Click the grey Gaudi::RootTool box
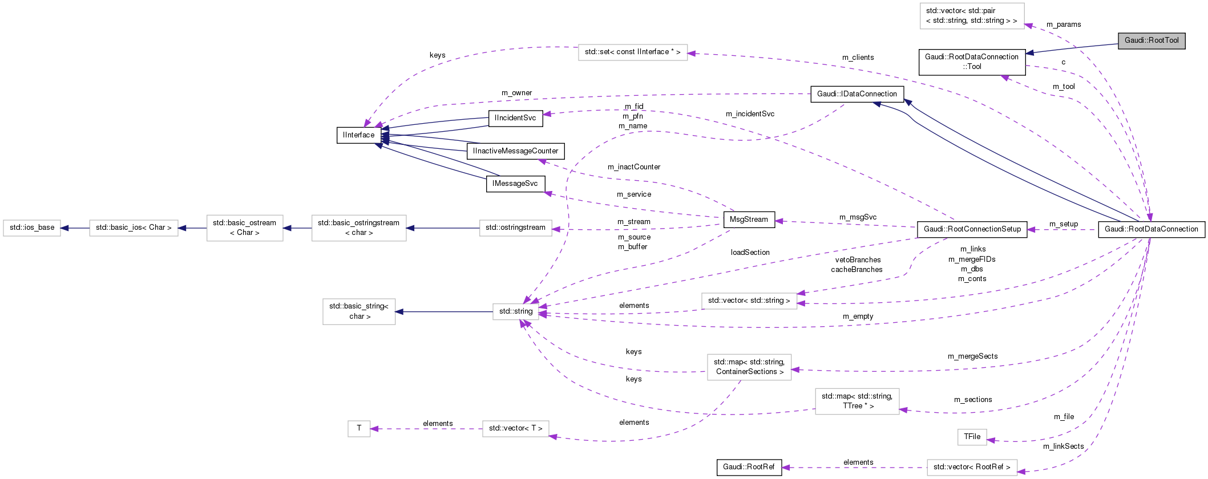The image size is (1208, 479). point(1152,40)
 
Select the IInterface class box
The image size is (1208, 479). point(359,135)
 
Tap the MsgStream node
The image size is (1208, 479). point(749,220)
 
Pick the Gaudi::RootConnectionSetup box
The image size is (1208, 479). point(972,229)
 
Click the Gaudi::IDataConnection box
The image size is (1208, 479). point(856,94)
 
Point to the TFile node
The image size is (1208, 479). point(972,437)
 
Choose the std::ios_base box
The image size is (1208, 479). point(32,228)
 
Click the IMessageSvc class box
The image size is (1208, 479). point(515,184)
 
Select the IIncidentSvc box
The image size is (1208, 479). point(515,118)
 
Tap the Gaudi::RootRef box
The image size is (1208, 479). point(749,467)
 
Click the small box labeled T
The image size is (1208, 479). point(359,428)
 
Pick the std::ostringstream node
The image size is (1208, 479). point(515,228)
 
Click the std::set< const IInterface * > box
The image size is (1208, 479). point(632,52)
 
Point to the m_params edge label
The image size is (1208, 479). point(1064,25)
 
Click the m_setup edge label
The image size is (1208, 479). point(1064,224)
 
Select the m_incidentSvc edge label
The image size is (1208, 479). point(750,114)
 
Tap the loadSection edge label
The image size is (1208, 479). point(750,253)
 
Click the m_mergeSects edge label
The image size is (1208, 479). point(972,356)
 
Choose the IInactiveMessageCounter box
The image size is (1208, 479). point(515,151)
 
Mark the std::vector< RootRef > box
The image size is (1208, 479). point(972,467)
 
